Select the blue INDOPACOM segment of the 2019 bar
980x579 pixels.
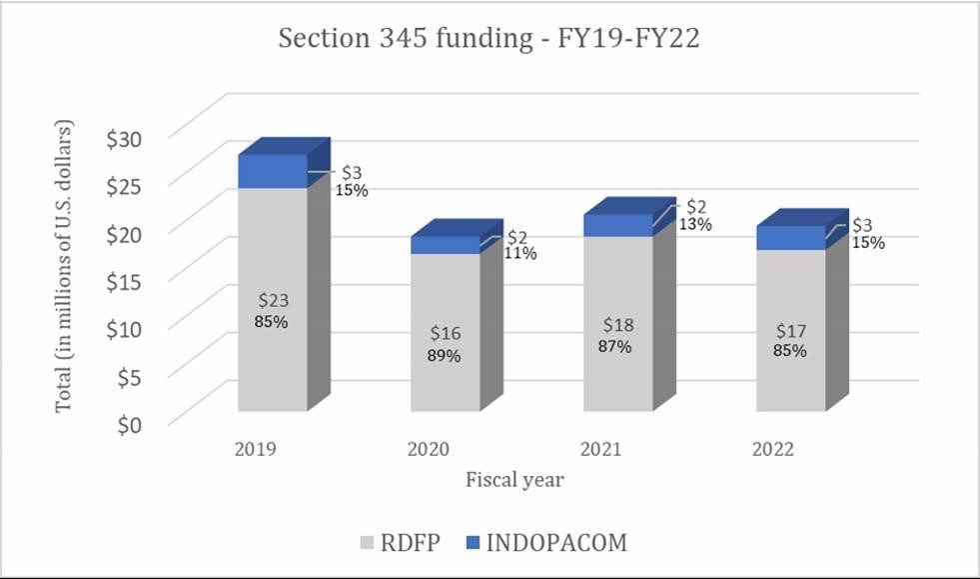(272, 171)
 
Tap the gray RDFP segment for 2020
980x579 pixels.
(445, 300)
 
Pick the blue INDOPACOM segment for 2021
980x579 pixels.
(617, 226)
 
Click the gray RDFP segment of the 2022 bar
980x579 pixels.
(790, 300)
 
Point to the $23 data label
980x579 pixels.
(272, 300)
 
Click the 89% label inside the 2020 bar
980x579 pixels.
(445, 355)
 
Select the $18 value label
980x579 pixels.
(617, 325)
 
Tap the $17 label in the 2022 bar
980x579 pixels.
(789, 330)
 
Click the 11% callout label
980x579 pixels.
(519, 254)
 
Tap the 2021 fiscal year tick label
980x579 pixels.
(599, 449)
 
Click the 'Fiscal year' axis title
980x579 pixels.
(514, 480)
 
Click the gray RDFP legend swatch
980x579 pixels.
(367, 543)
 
